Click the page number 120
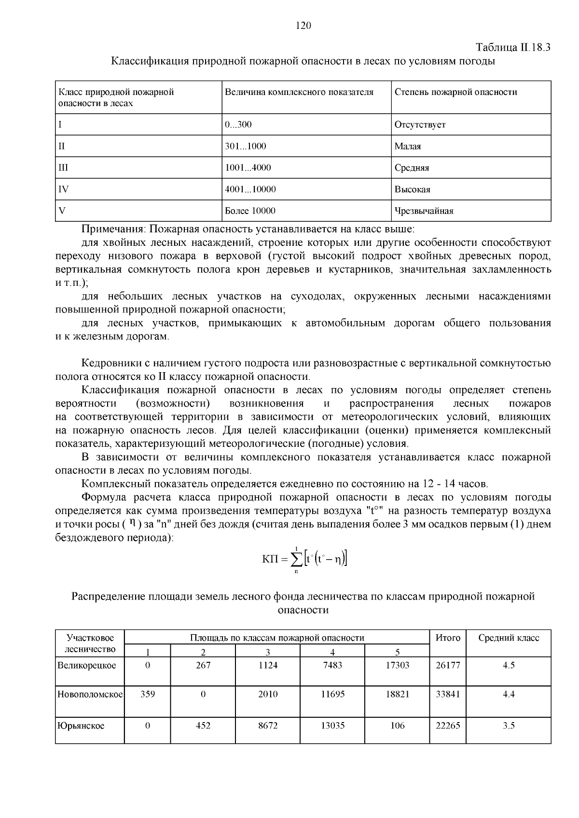[303, 26]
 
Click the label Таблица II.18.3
[513, 48]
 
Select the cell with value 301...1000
[246, 146]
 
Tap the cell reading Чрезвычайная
[424, 211]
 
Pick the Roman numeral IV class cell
[63, 189]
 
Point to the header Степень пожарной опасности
[455, 92]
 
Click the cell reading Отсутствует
[420, 124]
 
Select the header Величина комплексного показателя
[299, 92]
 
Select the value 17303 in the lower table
[397, 665]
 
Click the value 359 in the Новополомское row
[147, 694]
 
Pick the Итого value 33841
[448, 694]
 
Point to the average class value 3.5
[509, 725]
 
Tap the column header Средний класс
[509, 638]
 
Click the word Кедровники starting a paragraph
[108, 363]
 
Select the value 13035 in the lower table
[332, 725]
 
